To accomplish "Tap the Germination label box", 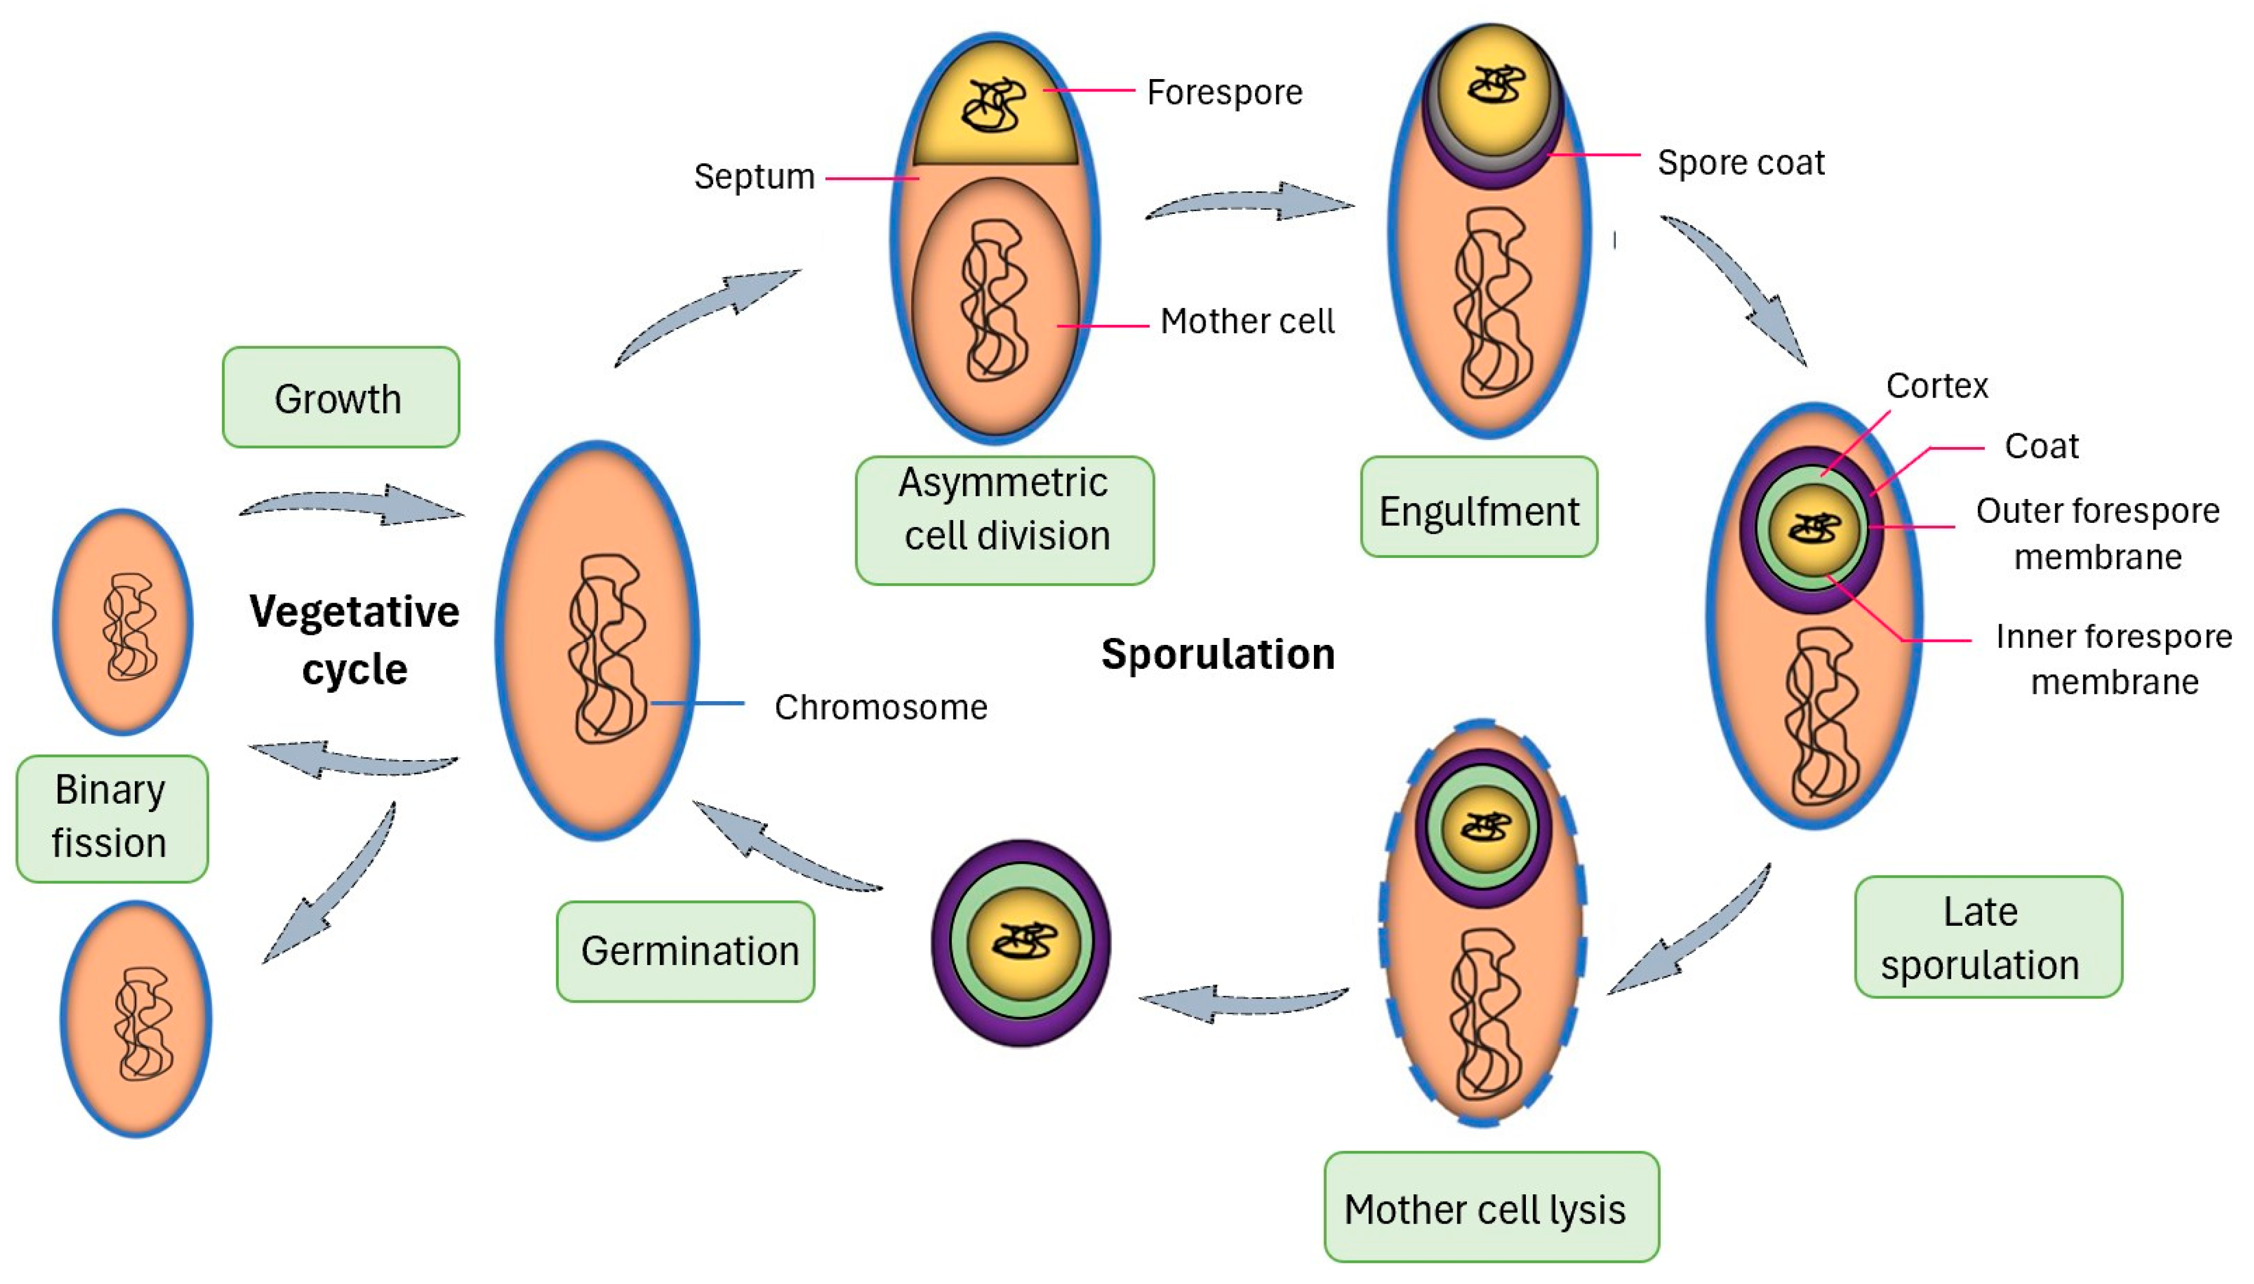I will (686, 951).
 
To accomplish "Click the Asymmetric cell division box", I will (1004, 520).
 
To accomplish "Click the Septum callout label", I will (754, 176).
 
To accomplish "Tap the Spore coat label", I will (1740, 162).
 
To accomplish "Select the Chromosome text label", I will (881, 707).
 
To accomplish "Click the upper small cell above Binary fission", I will (123, 622).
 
